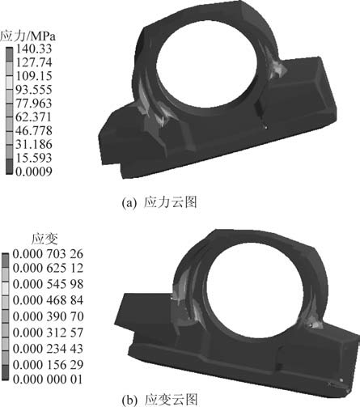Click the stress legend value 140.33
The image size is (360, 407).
click(34, 49)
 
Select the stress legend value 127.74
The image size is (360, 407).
click(34, 62)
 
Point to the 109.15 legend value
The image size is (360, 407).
click(34, 76)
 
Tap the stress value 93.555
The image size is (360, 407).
click(34, 90)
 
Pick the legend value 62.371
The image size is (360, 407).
click(34, 117)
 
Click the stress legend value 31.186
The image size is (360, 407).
click(34, 144)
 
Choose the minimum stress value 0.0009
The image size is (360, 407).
click(34, 172)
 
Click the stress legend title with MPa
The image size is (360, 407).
click(28, 36)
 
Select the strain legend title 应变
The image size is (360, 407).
click(44, 239)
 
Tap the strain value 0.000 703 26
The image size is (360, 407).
click(48, 254)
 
